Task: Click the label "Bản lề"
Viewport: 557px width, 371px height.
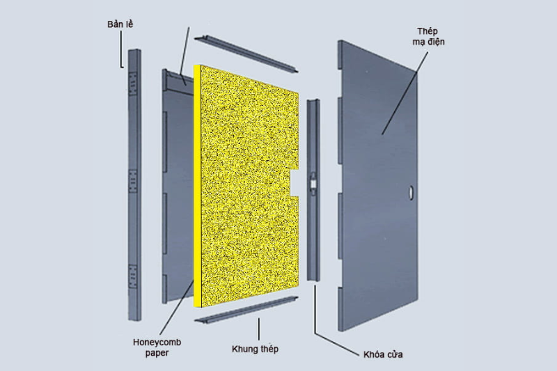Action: coord(120,24)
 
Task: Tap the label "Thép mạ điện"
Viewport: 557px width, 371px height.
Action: coord(428,37)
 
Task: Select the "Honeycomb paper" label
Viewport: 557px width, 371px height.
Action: coord(157,347)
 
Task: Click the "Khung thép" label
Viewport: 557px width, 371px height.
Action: coord(255,349)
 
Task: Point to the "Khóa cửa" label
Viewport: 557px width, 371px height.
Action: coord(383,354)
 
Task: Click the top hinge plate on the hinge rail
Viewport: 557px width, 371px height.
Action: coord(133,84)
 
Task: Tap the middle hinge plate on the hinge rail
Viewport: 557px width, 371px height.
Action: coord(133,181)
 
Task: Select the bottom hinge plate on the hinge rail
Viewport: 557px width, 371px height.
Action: coord(132,276)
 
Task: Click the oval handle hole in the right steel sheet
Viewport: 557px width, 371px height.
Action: coord(411,192)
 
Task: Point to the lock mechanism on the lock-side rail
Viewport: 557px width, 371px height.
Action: coord(313,184)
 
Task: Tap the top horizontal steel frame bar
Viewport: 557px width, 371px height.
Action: coord(246,54)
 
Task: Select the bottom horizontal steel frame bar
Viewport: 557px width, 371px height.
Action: coord(246,310)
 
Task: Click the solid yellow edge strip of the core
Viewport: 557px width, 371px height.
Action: coord(198,186)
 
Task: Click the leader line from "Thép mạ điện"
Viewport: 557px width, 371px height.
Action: coord(405,93)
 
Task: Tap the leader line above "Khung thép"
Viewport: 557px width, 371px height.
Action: coord(258,329)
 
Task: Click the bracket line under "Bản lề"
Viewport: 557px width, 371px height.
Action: coord(121,49)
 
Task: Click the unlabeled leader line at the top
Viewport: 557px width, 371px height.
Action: coord(185,56)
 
